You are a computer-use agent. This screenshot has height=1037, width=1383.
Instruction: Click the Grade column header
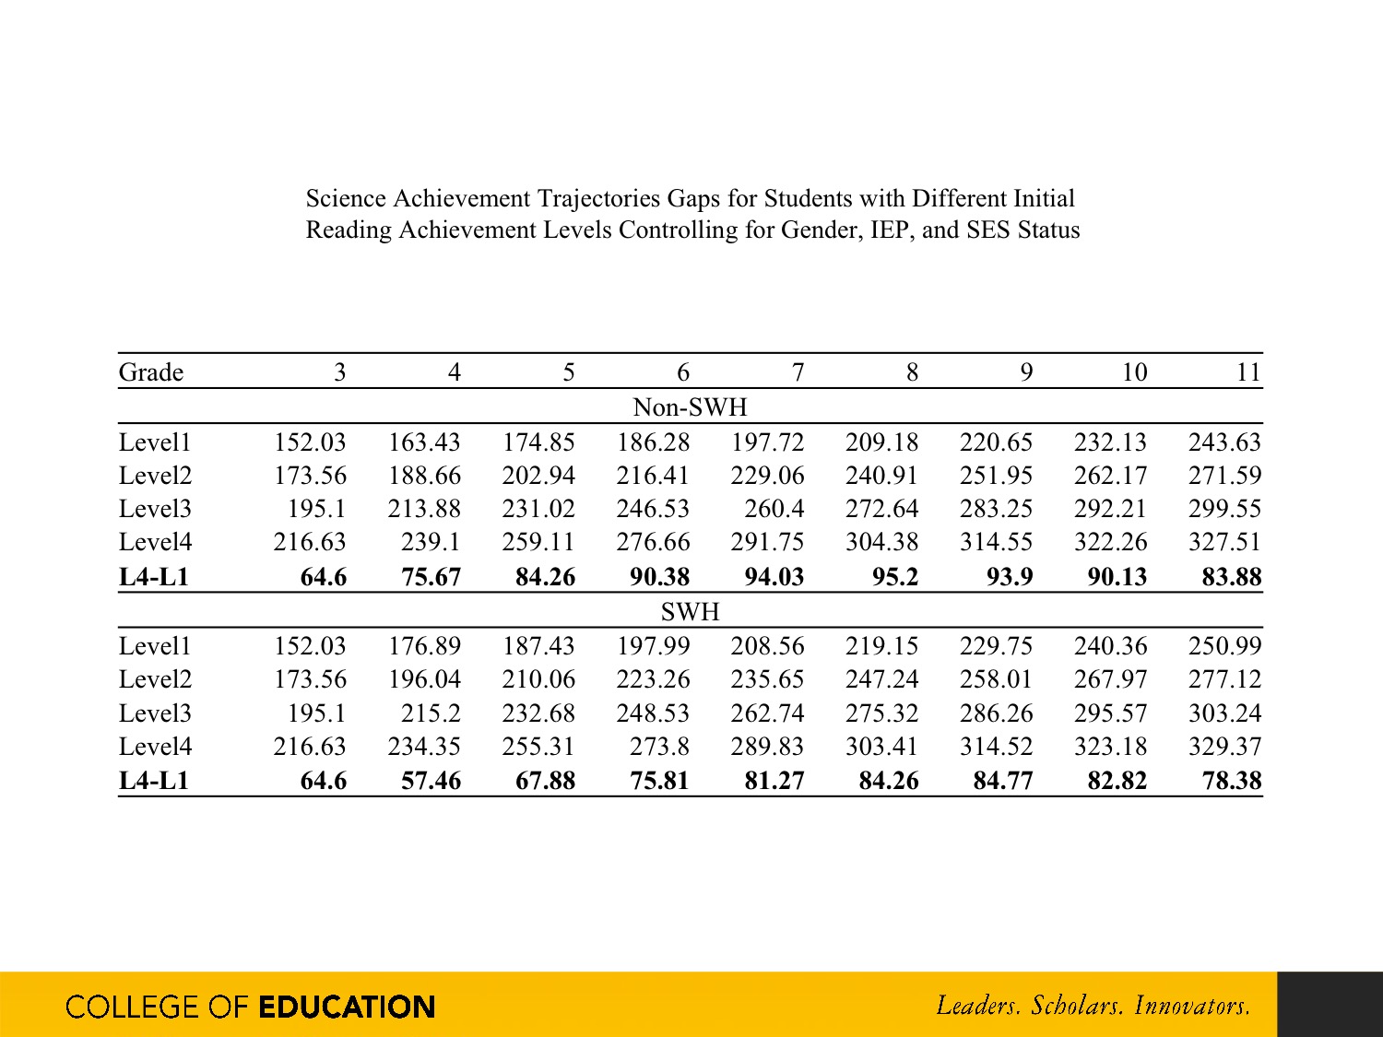click(151, 372)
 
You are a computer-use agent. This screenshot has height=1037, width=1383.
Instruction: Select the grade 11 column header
click(1247, 372)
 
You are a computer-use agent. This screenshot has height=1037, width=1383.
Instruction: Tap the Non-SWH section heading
click(690, 407)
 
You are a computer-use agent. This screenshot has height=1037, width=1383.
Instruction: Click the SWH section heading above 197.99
click(690, 612)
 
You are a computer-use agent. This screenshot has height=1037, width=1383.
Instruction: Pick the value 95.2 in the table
click(894, 577)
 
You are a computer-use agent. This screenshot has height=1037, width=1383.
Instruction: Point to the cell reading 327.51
click(1223, 542)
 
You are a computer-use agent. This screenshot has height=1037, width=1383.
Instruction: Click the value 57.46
click(431, 782)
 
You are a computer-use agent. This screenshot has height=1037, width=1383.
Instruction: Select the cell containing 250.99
click(1223, 646)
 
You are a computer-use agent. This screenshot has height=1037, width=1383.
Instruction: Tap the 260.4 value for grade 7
click(774, 509)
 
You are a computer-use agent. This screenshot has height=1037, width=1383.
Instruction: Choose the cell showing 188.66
click(423, 476)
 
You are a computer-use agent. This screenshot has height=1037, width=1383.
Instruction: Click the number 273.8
click(658, 747)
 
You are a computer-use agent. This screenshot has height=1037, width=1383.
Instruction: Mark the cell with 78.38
click(1231, 782)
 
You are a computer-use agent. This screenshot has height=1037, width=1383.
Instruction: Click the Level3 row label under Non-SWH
click(155, 509)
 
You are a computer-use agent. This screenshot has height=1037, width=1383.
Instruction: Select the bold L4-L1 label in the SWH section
click(154, 782)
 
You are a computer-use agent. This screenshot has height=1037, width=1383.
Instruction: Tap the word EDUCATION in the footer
click(347, 1007)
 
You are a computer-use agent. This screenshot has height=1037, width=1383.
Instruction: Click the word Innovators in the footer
click(1192, 1005)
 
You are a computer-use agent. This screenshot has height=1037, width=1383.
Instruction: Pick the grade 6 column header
click(682, 372)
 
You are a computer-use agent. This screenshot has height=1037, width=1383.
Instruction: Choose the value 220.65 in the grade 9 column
click(995, 442)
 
